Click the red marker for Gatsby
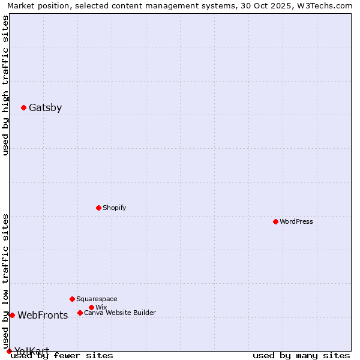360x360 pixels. (23, 107)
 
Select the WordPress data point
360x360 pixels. (275, 221)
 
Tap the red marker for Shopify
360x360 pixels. (98, 208)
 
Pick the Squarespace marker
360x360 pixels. (72, 299)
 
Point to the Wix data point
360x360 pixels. (91, 307)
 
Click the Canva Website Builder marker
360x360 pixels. (80, 313)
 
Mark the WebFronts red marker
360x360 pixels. (12, 315)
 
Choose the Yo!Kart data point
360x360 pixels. (9, 351)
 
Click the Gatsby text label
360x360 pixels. (45, 108)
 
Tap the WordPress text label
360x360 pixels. (296, 221)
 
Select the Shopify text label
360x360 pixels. (114, 208)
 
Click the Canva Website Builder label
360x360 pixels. (120, 313)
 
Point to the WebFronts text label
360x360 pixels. (43, 316)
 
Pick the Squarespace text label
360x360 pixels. (97, 299)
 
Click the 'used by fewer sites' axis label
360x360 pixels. (62, 355)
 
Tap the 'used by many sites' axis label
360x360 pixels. (301, 355)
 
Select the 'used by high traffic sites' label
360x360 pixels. (5, 85)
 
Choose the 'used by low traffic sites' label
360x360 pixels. (5, 281)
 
